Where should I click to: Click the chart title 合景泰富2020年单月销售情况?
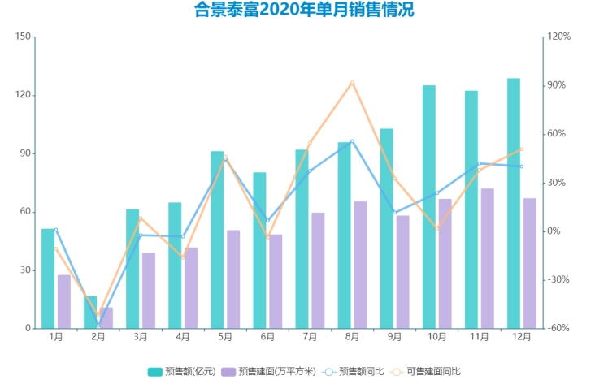click(303, 11)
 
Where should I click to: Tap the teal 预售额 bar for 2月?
click(90, 313)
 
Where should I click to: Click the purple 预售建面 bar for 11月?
click(488, 258)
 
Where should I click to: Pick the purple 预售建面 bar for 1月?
click(64, 301)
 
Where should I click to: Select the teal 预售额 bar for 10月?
click(429, 207)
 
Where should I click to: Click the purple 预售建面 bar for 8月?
click(360, 265)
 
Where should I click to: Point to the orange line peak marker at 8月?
click(352, 82)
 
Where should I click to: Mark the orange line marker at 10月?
click(436, 229)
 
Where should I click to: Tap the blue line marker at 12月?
click(521, 166)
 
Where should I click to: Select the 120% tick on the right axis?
click(561, 37)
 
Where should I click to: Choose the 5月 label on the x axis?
click(225, 336)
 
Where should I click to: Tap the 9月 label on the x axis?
click(394, 336)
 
